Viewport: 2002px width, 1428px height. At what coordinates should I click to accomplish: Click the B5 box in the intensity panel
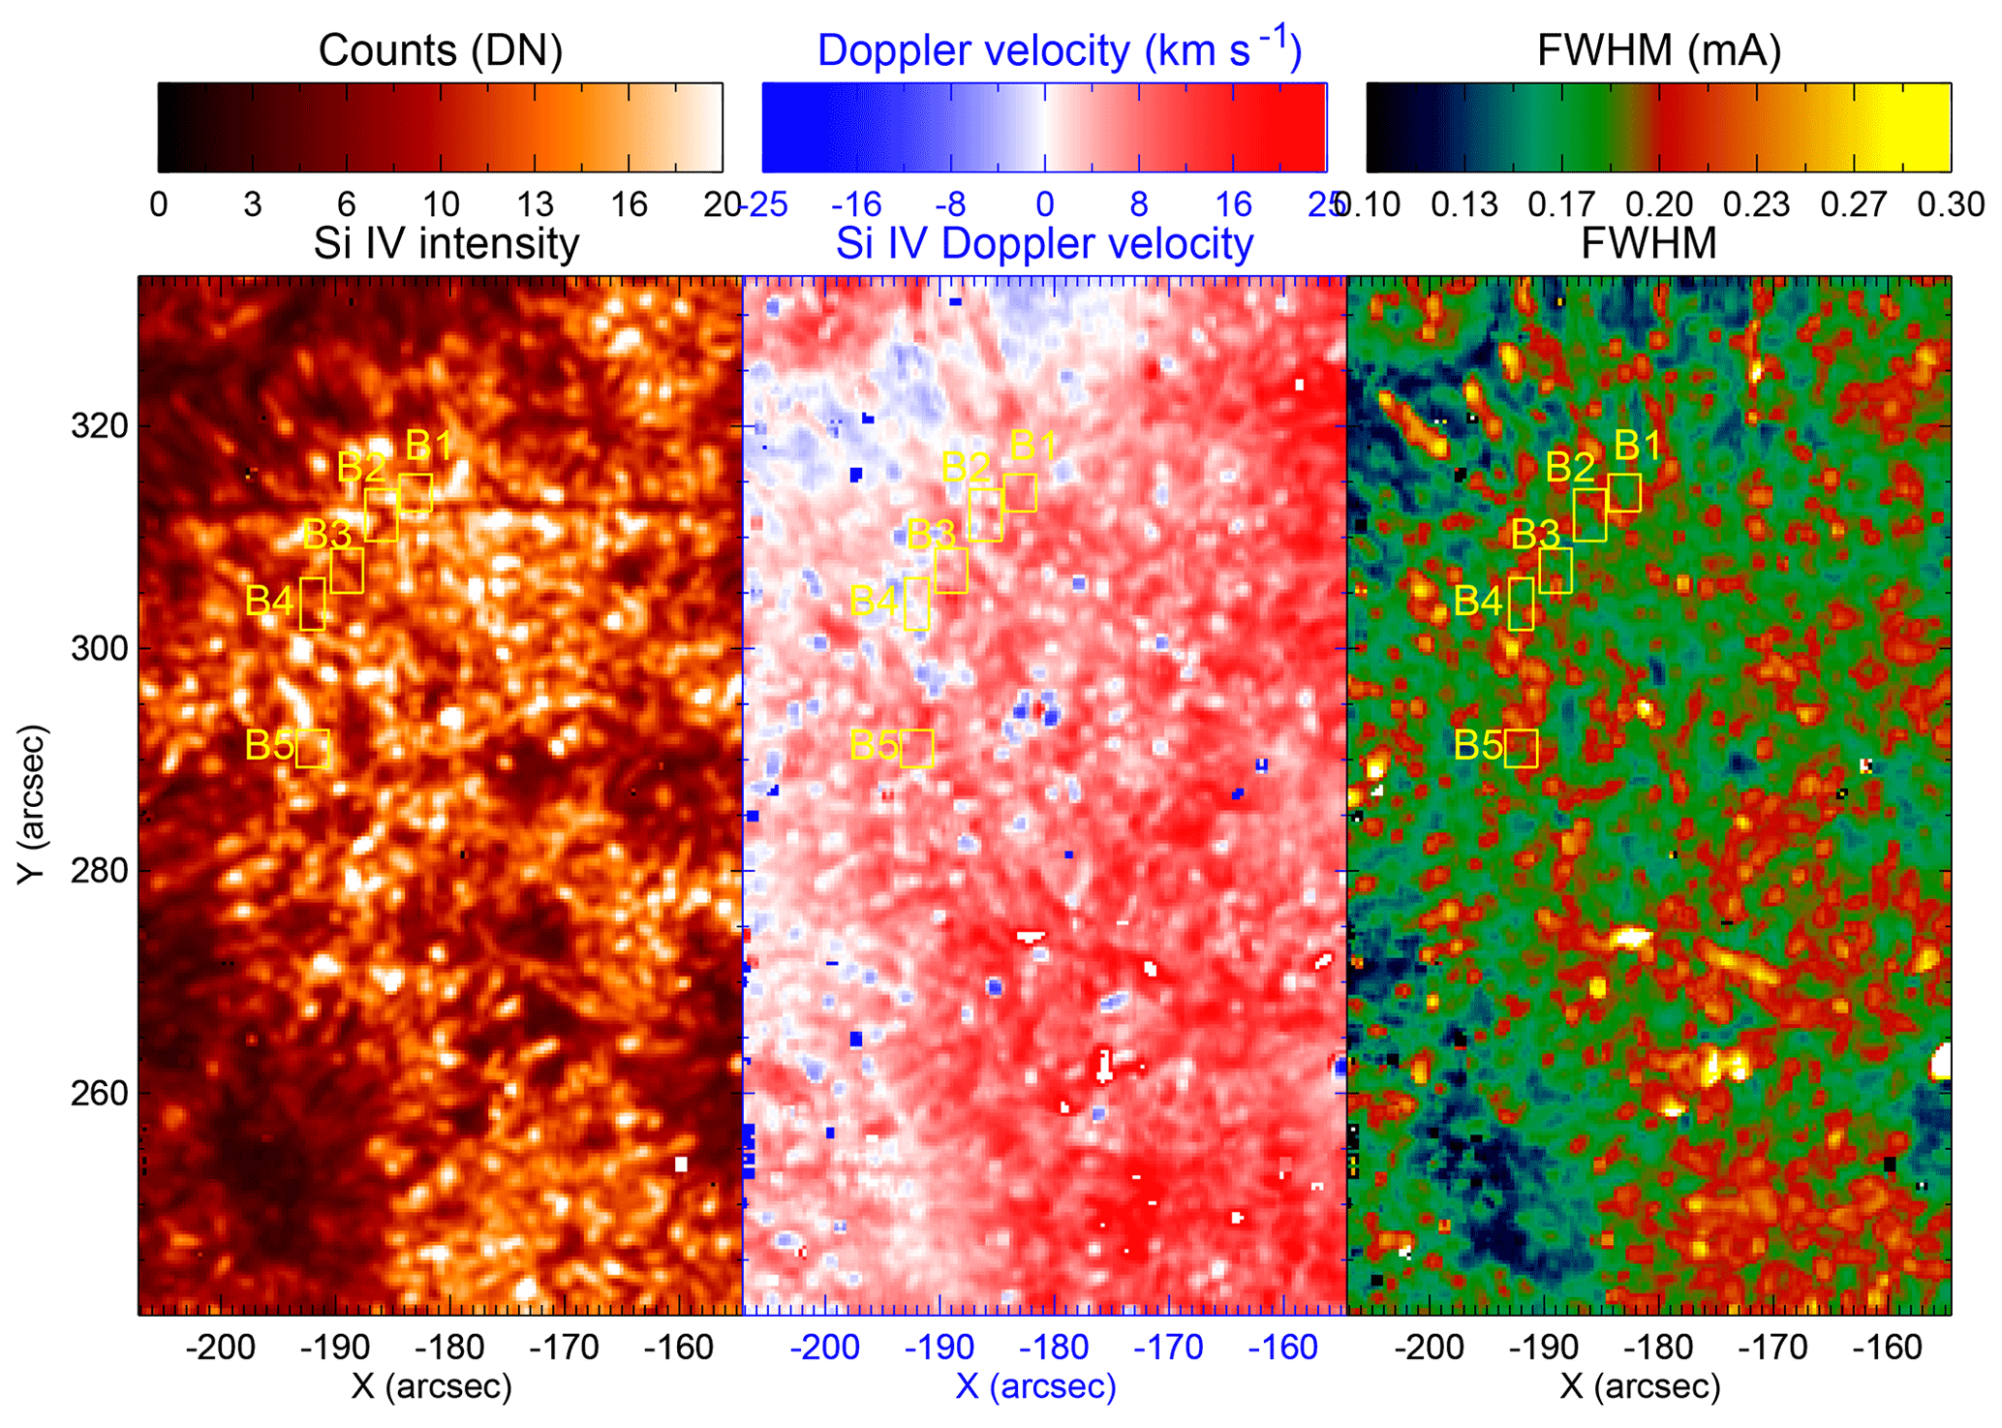[x=313, y=748]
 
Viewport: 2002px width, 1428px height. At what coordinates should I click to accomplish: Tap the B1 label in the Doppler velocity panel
[x=1033, y=446]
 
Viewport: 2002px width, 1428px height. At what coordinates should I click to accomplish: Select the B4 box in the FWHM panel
[x=1521, y=604]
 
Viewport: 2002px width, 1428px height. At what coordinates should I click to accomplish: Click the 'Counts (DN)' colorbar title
[x=441, y=50]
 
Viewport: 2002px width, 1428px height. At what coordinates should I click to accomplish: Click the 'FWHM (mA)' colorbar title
[x=1659, y=50]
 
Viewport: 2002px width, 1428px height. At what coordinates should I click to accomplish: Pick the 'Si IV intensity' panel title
[x=447, y=242]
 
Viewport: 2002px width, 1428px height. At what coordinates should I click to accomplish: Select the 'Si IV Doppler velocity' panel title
[x=1044, y=242]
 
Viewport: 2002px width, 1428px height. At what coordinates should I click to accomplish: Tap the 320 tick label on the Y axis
[x=100, y=425]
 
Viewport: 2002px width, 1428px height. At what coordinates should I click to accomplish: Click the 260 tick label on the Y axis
[x=100, y=1093]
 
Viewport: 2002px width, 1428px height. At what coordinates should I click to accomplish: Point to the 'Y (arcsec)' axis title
[x=32, y=803]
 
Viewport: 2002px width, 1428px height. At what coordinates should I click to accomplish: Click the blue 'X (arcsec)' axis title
[x=1035, y=1386]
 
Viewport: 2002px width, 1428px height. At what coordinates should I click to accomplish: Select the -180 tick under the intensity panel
[x=454, y=1348]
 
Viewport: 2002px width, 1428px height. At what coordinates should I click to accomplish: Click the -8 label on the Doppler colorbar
[x=950, y=204]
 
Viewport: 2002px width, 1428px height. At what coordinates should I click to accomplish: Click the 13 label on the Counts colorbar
[x=535, y=204]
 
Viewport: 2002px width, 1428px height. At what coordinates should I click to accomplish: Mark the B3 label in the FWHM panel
[x=1536, y=534]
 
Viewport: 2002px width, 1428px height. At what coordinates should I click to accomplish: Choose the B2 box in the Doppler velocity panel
[x=985, y=514]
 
